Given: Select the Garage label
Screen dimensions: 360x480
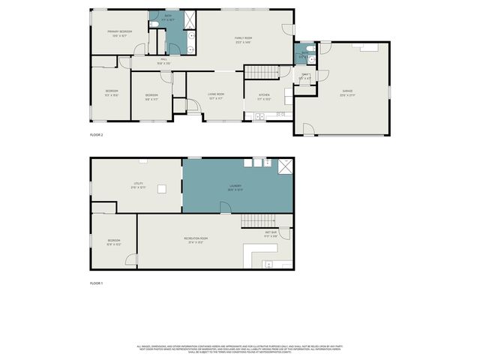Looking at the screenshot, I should [x=346, y=92].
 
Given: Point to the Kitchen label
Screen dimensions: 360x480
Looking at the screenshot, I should [x=264, y=96].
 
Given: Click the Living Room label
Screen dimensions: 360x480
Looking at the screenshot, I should [x=216, y=95].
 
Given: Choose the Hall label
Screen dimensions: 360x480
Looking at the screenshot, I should [x=163, y=61].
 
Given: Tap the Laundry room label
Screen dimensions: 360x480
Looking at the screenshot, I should [x=235, y=188].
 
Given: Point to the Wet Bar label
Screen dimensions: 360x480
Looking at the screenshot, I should [x=271, y=234].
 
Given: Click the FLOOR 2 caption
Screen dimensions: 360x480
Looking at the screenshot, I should [x=96, y=134].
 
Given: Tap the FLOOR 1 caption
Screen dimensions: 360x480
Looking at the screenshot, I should [x=96, y=283].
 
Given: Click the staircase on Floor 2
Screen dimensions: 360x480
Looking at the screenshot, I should [x=262, y=72].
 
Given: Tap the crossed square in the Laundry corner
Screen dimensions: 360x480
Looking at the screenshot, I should [x=284, y=166].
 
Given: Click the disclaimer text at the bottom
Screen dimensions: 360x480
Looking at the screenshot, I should [x=240, y=348].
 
